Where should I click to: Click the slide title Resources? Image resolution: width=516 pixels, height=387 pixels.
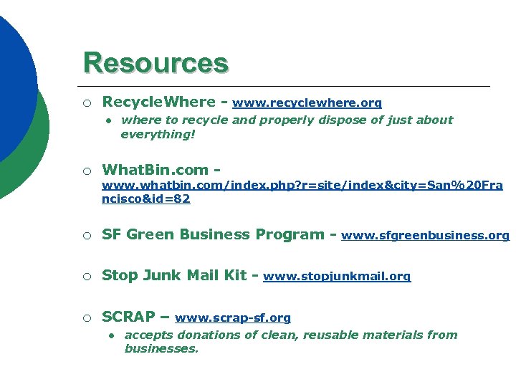(x=156, y=63)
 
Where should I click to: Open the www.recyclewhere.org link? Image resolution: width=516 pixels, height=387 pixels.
(x=307, y=103)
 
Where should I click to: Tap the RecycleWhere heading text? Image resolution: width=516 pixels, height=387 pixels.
(x=158, y=102)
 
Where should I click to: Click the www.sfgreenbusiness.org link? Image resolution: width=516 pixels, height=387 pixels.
(x=425, y=235)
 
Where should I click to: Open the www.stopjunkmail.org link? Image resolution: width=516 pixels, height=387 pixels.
(x=337, y=276)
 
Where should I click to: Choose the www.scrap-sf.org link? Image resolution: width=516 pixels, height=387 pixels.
(x=233, y=317)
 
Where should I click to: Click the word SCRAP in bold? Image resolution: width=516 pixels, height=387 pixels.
(x=129, y=317)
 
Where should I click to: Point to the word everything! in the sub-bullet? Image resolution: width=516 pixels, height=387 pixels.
(x=158, y=134)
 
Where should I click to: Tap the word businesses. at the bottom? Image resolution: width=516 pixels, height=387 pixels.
(x=161, y=349)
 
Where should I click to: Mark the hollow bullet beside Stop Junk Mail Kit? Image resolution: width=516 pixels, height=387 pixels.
(x=86, y=276)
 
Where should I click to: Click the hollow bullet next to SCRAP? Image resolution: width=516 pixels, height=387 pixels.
(x=86, y=317)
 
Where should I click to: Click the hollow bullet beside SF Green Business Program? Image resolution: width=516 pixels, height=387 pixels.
(x=86, y=235)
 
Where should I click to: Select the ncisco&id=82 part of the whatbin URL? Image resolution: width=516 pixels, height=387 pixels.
(x=146, y=199)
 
